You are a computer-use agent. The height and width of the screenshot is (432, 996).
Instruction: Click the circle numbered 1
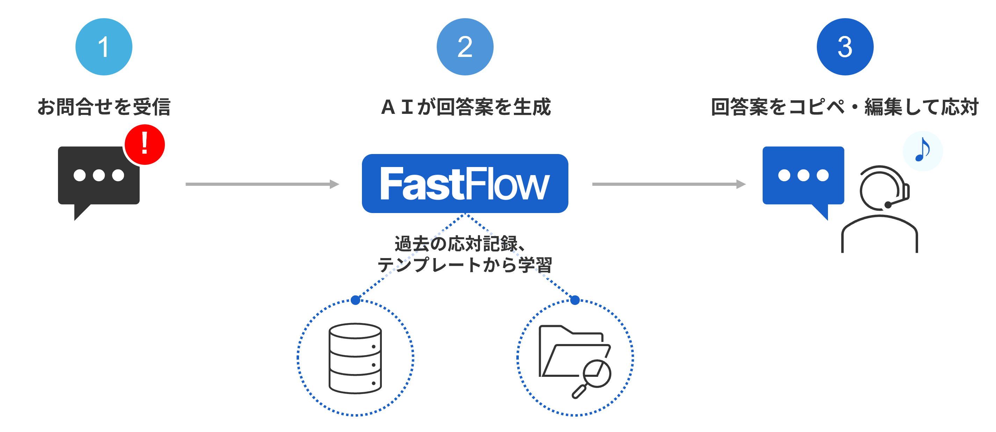click(x=104, y=47)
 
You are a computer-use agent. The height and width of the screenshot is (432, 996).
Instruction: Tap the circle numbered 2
click(x=465, y=47)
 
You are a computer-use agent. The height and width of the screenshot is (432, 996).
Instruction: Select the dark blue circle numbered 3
click(x=845, y=47)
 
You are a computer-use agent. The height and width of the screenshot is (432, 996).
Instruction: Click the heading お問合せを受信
click(x=104, y=107)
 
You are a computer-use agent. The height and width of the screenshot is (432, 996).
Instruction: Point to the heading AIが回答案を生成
click(x=465, y=107)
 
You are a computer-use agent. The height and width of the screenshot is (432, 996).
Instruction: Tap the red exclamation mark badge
click(x=145, y=145)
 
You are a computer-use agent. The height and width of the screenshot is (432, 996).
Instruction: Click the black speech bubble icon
click(x=98, y=178)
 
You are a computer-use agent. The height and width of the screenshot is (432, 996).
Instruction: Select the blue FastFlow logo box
click(x=465, y=184)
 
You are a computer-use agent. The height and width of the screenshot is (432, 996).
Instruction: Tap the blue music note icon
click(x=923, y=151)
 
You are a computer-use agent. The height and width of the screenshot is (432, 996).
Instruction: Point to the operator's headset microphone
click(x=888, y=205)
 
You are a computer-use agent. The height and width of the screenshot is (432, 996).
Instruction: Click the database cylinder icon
click(x=355, y=358)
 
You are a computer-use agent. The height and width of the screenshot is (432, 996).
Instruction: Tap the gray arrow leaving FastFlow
click(x=669, y=184)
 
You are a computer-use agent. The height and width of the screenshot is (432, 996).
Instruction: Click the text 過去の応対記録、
click(x=460, y=244)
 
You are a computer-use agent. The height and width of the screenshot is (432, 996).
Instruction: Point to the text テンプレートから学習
click(x=465, y=265)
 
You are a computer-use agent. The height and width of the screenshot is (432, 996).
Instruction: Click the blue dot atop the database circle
click(x=355, y=300)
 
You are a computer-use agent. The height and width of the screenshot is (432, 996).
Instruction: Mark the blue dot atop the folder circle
click(x=575, y=300)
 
